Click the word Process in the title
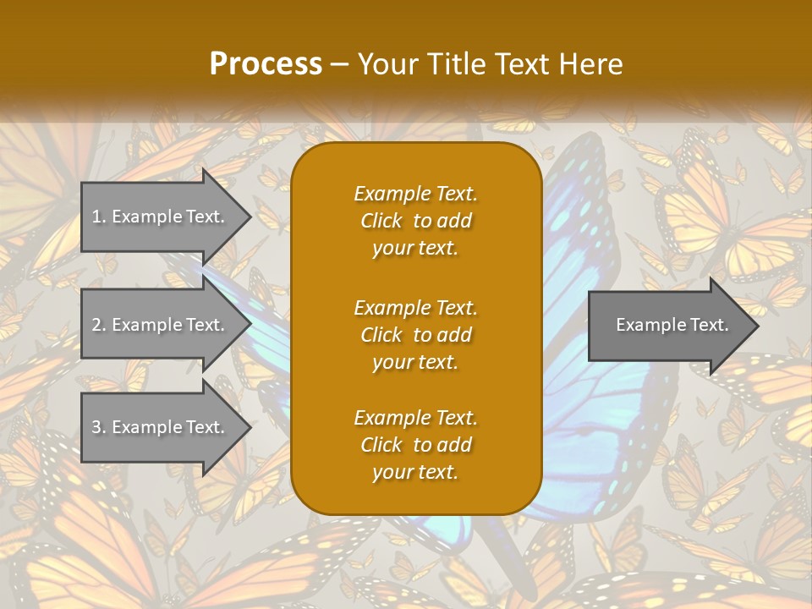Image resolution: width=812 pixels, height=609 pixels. (x=266, y=64)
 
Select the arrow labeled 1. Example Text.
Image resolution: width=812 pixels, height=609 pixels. (x=161, y=217)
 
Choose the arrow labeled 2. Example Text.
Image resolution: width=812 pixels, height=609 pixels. (x=161, y=325)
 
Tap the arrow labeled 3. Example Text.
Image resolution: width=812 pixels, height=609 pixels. (x=161, y=427)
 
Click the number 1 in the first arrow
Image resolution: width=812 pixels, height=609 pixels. (x=96, y=217)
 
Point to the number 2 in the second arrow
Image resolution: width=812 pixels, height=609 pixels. (x=96, y=325)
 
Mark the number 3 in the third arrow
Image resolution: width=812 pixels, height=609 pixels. (x=96, y=427)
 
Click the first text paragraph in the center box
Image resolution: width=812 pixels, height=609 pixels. (x=415, y=221)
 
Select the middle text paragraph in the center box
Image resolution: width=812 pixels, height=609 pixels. (x=415, y=335)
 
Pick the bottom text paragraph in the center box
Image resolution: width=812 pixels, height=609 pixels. (x=415, y=445)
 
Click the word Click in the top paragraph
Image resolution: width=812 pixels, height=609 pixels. (x=381, y=221)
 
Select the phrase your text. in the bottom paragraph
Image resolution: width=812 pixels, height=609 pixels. (x=415, y=473)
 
